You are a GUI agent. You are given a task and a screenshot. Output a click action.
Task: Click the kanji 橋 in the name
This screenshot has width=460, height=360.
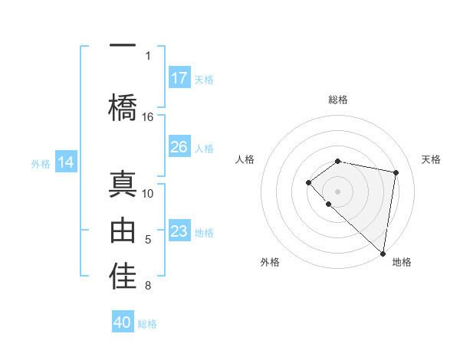coord(123,106)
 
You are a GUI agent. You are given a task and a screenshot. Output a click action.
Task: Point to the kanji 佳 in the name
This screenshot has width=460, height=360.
coord(123,277)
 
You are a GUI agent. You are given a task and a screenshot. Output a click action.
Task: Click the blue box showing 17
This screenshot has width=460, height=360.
coord(179,77)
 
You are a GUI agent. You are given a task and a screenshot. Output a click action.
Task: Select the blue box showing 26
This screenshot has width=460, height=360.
coord(179,146)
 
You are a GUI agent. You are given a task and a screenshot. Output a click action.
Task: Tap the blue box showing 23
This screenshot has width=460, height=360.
coord(179,231)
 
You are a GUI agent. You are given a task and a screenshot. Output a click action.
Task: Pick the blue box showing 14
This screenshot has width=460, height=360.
coord(66,162)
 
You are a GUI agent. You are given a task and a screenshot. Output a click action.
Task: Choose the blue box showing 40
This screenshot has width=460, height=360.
coord(123,322)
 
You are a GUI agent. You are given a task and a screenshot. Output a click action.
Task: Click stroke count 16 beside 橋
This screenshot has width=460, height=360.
coord(148,117)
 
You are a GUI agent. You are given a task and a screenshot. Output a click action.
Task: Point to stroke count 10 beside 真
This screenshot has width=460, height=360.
coord(148,193)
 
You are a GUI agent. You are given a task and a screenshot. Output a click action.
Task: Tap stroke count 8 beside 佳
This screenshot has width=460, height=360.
coord(147,286)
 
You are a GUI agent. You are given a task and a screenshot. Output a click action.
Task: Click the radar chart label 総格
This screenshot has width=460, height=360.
coord(338,100)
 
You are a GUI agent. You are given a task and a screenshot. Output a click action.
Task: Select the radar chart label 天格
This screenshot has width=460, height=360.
coord(431,159)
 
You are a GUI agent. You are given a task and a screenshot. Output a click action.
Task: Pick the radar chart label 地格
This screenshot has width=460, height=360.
coord(402,262)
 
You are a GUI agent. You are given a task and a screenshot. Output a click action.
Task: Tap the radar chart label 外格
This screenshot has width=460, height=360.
coord(270,262)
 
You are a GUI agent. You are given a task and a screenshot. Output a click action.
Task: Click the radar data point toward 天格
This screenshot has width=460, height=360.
coord(396,172)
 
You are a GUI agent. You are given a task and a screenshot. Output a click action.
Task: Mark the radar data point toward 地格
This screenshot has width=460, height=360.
coord(383,254)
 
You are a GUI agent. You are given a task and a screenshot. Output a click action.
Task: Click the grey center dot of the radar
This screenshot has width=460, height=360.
coord(337,191)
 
